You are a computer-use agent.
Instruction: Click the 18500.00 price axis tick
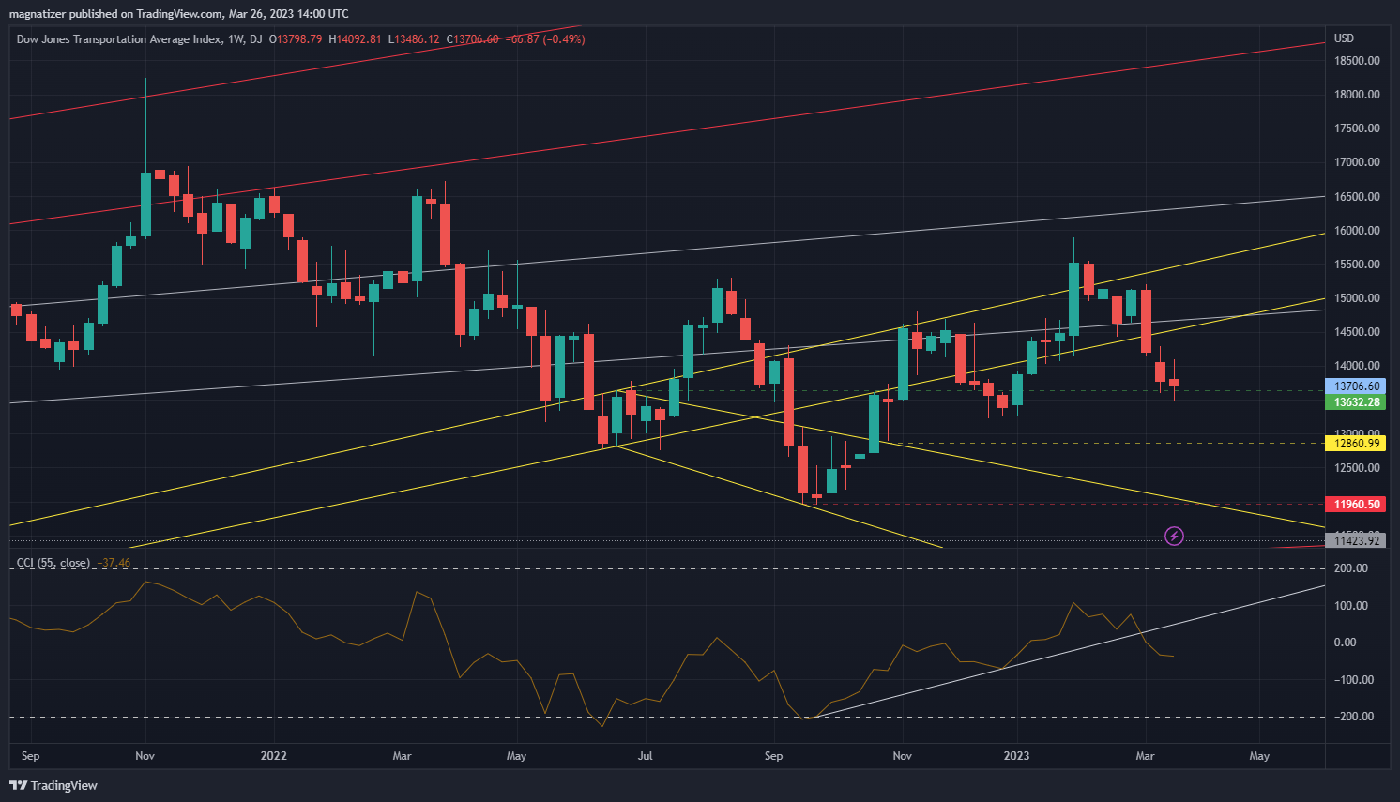click(1357, 61)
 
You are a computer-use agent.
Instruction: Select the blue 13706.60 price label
click(1357, 386)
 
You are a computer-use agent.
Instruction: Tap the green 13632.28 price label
click(1357, 402)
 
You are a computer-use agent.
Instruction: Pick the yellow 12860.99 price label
click(1357, 444)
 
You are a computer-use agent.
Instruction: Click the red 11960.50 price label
click(1357, 505)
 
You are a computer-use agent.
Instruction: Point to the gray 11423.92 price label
click(1357, 541)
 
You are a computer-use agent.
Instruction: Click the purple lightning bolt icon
click(1174, 537)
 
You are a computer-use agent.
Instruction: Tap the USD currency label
click(1345, 38)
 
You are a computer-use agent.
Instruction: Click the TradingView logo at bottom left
click(53, 785)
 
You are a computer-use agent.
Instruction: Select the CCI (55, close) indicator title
click(53, 563)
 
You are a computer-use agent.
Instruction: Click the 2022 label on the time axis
click(273, 756)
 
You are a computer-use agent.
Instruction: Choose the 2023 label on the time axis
click(1016, 756)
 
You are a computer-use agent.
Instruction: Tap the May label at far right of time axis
click(1259, 756)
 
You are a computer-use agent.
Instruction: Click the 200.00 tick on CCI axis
click(1350, 568)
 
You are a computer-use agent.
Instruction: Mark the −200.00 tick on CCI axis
click(1350, 717)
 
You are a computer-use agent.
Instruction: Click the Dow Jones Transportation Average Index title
click(119, 39)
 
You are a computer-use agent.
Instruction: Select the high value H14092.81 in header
click(355, 39)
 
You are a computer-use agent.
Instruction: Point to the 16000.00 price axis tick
click(1357, 231)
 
